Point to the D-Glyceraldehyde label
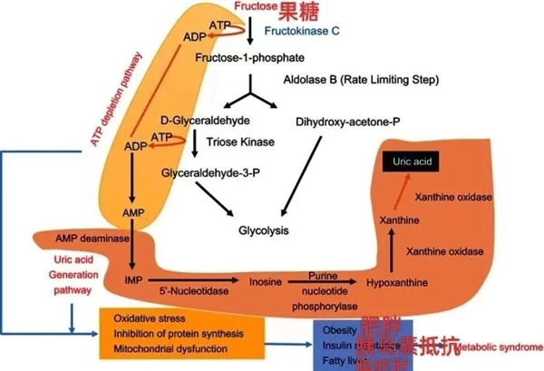pos(205,121)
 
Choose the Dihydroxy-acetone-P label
pos(345,121)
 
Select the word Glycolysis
pos(264,231)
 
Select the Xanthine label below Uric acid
pos(392,220)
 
